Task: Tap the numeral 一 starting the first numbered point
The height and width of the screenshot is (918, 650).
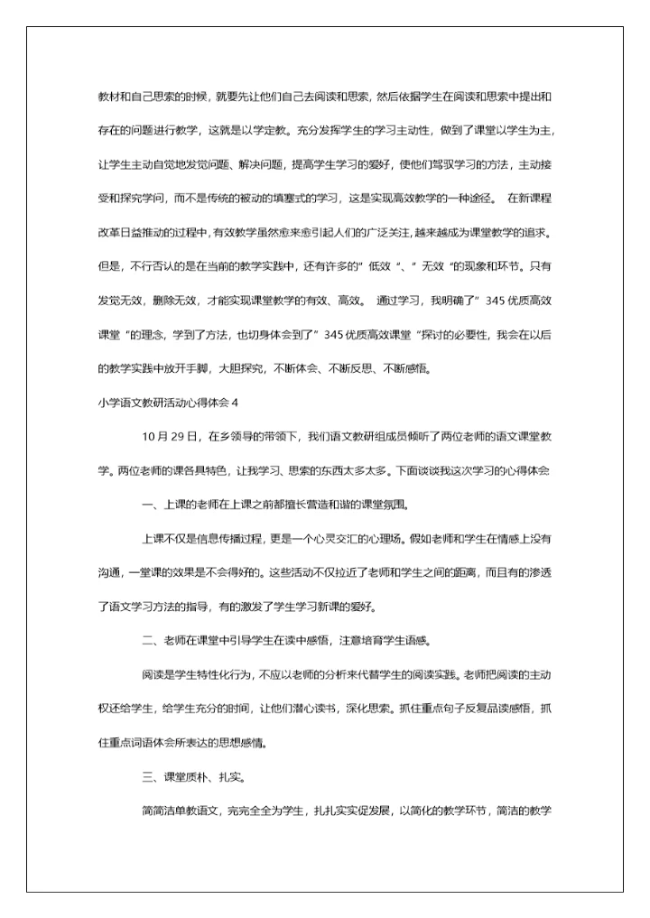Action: (147, 504)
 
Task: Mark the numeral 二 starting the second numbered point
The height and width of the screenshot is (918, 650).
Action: (147, 641)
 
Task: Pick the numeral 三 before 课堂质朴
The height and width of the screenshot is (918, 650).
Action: (147, 777)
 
